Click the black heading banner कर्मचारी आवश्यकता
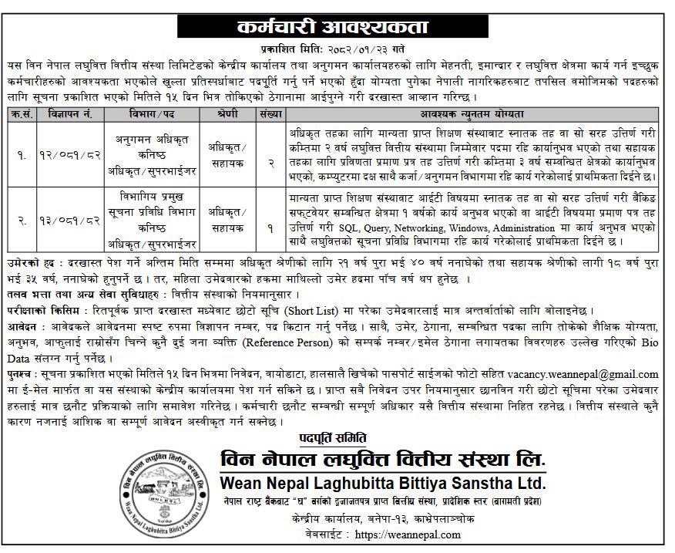click(x=337, y=25)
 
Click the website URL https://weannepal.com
click(x=410, y=534)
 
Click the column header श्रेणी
click(x=221, y=113)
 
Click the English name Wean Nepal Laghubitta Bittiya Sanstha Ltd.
click(x=383, y=484)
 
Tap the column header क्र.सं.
click(x=20, y=113)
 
